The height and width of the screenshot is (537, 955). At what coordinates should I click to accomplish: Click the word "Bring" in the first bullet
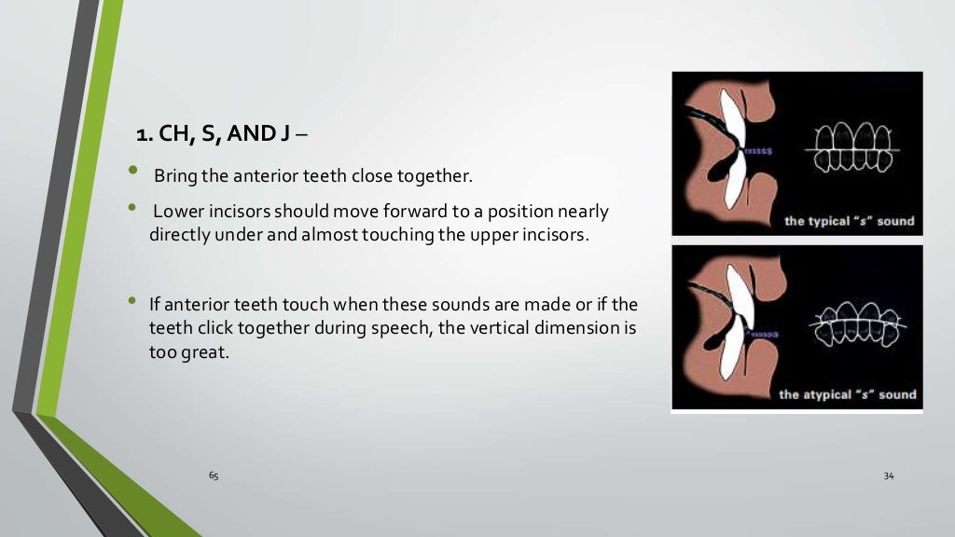[173, 175]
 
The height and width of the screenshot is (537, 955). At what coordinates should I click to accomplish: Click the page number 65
[214, 476]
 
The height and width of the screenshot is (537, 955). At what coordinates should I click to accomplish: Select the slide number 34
[888, 476]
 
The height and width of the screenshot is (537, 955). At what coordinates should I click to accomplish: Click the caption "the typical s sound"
[849, 222]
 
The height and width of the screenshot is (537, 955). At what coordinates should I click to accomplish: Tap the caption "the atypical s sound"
[847, 394]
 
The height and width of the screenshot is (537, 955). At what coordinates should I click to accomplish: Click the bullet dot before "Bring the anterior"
[133, 172]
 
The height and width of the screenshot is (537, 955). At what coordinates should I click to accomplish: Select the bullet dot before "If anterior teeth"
[133, 301]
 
